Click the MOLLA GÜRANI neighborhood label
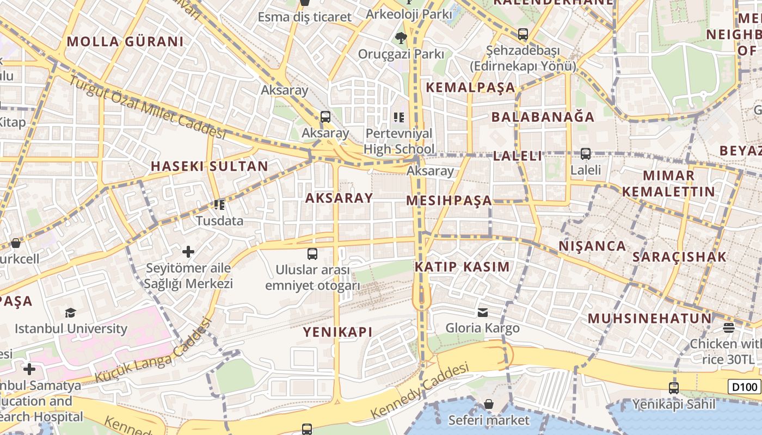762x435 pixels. tap(125, 41)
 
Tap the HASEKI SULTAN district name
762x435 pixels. tap(210, 166)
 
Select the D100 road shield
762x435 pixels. tap(743, 387)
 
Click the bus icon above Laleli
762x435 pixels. tap(586, 154)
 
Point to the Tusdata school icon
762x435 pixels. tap(219, 205)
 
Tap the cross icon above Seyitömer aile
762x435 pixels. tap(188, 252)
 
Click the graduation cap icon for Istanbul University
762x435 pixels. tap(70, 313)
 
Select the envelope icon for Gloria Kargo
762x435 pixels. tap(482, 312)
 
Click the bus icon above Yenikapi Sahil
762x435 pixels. tap(674, 388)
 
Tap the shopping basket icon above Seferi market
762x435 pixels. tap(489, 404)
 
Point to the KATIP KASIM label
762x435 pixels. tap(462, 267)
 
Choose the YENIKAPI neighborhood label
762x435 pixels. tap(337, 332)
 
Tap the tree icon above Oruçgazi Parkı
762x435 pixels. tap(401, 38)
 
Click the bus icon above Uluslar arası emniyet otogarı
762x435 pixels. tap(312, 253)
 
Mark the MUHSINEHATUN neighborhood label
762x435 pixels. tap(650, 318)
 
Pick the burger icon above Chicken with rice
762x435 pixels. tap(729, 327)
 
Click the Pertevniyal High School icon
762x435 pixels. tap(399, 117)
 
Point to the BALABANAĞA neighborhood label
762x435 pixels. tap(543, 117)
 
